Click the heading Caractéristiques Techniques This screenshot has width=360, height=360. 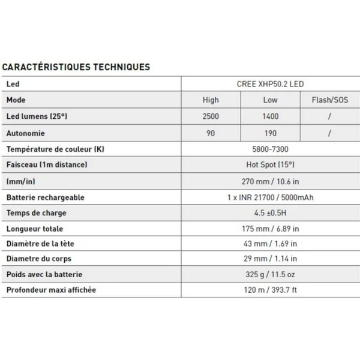(x=76, y=67)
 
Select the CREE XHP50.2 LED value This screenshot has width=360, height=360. (x=271, y=84)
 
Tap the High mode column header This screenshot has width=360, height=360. (x=211, y=100)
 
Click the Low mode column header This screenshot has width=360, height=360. (x=271, y=100)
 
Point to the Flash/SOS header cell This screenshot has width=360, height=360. (x=330, y=100)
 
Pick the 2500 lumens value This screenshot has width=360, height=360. (x=211, y=116)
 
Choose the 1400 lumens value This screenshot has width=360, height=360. (x=271, y=116)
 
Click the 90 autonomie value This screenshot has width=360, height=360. (x=211, y=133)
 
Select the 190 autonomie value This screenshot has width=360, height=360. (x=271, y=133)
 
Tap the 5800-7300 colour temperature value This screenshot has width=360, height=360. (x=271, y=149)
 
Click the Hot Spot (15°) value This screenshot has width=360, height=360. (x=271, y=164)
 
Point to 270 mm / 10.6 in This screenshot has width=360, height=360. (x=271, y=181)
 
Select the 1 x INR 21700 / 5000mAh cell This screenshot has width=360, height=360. (x=271, y=197)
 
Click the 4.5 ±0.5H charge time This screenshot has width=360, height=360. (x=271, y=212)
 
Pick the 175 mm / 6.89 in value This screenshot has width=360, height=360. (x=271, y=229)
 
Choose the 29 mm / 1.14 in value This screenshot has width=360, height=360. (x=271, y=259)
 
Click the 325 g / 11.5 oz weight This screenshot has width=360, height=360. (x=271, y=275)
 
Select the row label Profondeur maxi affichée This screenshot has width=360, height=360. (x=52, y=290)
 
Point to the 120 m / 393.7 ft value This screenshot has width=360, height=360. (x=271, y=290)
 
